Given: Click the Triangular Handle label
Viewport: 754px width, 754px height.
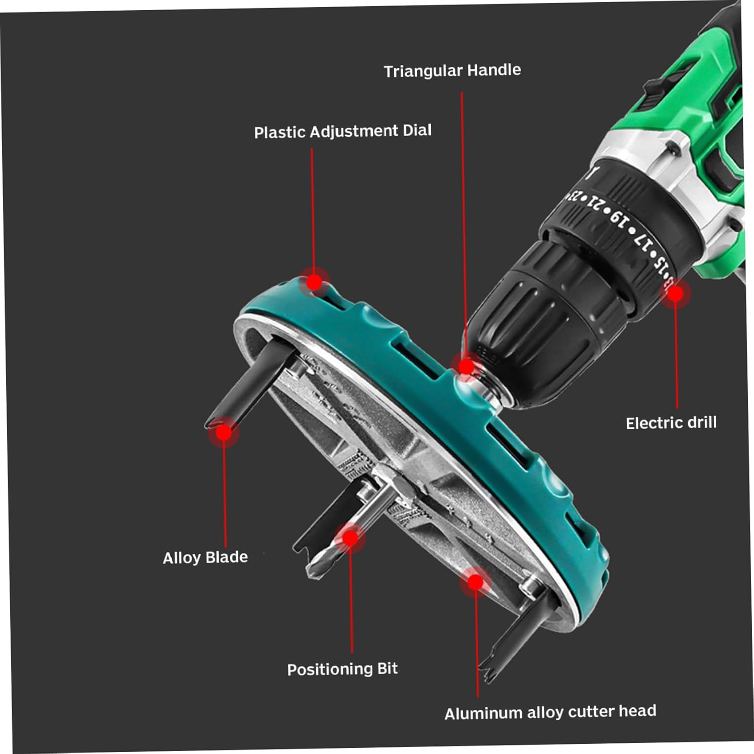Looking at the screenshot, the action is (452, 71).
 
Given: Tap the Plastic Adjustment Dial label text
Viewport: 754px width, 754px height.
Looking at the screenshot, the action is (343, 132).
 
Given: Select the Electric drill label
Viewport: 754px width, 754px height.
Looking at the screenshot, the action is (671, 423).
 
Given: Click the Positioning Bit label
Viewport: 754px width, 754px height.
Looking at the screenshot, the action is (342, 669).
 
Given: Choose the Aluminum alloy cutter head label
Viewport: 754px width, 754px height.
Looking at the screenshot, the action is (550, 712).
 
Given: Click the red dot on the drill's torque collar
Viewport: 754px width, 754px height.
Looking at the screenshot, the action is (676, 294).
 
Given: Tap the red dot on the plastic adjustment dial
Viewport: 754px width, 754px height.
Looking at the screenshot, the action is (314, 282).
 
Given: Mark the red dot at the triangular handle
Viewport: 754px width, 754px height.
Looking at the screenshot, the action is (466, 366).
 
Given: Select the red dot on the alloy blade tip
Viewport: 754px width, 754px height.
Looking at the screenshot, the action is (224, 432).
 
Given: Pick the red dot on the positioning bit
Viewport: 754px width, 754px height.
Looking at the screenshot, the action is (350, 538).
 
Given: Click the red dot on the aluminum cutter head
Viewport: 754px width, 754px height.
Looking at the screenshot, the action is (475, 582).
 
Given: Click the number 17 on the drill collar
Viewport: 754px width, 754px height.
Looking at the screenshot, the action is (642, 239).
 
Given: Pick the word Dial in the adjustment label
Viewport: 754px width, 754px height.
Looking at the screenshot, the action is (417, 131).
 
